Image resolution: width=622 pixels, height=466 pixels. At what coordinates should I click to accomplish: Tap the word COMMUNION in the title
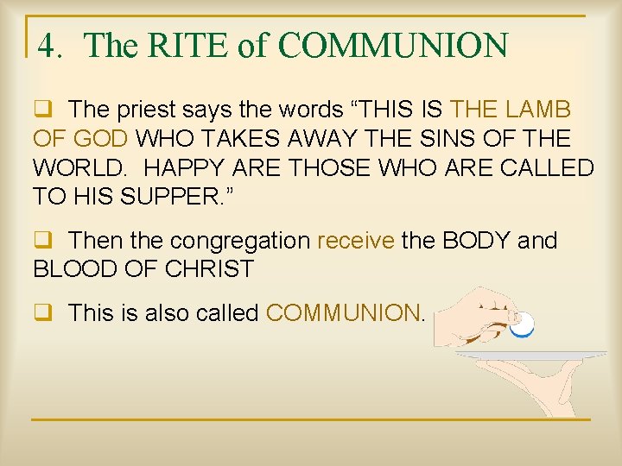[x=394, y=46]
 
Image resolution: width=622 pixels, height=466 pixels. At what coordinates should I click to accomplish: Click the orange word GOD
[x=101, y=138]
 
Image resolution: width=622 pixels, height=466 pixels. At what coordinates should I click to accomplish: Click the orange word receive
[x=356, y=240]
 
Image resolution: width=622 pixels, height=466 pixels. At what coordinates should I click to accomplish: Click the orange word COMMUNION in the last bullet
[x=342, y=312]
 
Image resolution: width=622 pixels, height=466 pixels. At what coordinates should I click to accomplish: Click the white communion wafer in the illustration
[x=522, y=324]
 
